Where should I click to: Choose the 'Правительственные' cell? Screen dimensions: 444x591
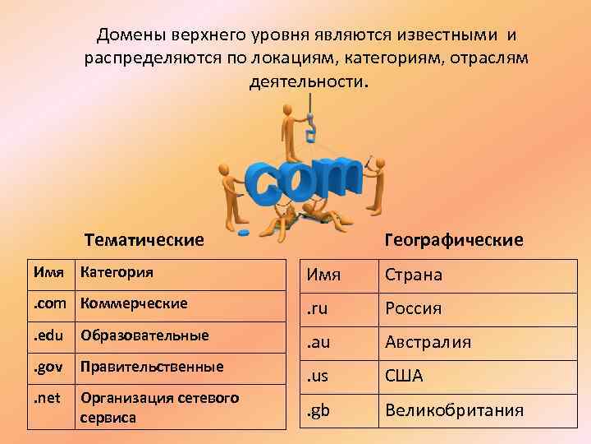tap(152, 366)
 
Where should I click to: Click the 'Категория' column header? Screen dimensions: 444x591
tap(117, 271)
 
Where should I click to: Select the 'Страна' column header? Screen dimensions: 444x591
tap(414, 275)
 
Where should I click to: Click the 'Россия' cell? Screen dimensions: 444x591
tap(414, 308)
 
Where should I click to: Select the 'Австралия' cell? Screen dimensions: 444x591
tap(428, 342)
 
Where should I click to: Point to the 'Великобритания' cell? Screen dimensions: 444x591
tap(454, 409)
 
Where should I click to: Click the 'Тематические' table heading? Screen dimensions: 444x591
tap(144, 240)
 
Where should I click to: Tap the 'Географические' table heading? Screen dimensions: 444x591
tap(453, 240)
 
